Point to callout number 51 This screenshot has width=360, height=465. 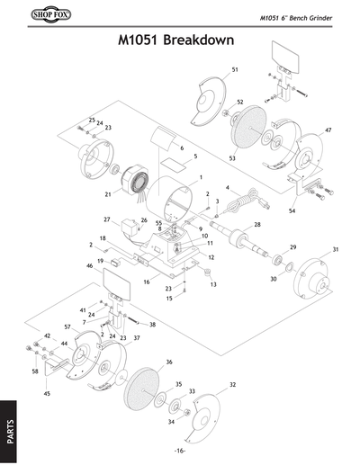click(235, 69)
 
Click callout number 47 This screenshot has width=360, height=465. click(328, 130)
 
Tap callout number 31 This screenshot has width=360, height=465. click(335, 249)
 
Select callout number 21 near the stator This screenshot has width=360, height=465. click(107, 193)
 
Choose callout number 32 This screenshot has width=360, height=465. click(232, 385)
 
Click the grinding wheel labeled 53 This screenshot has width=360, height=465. click(244, 132)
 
